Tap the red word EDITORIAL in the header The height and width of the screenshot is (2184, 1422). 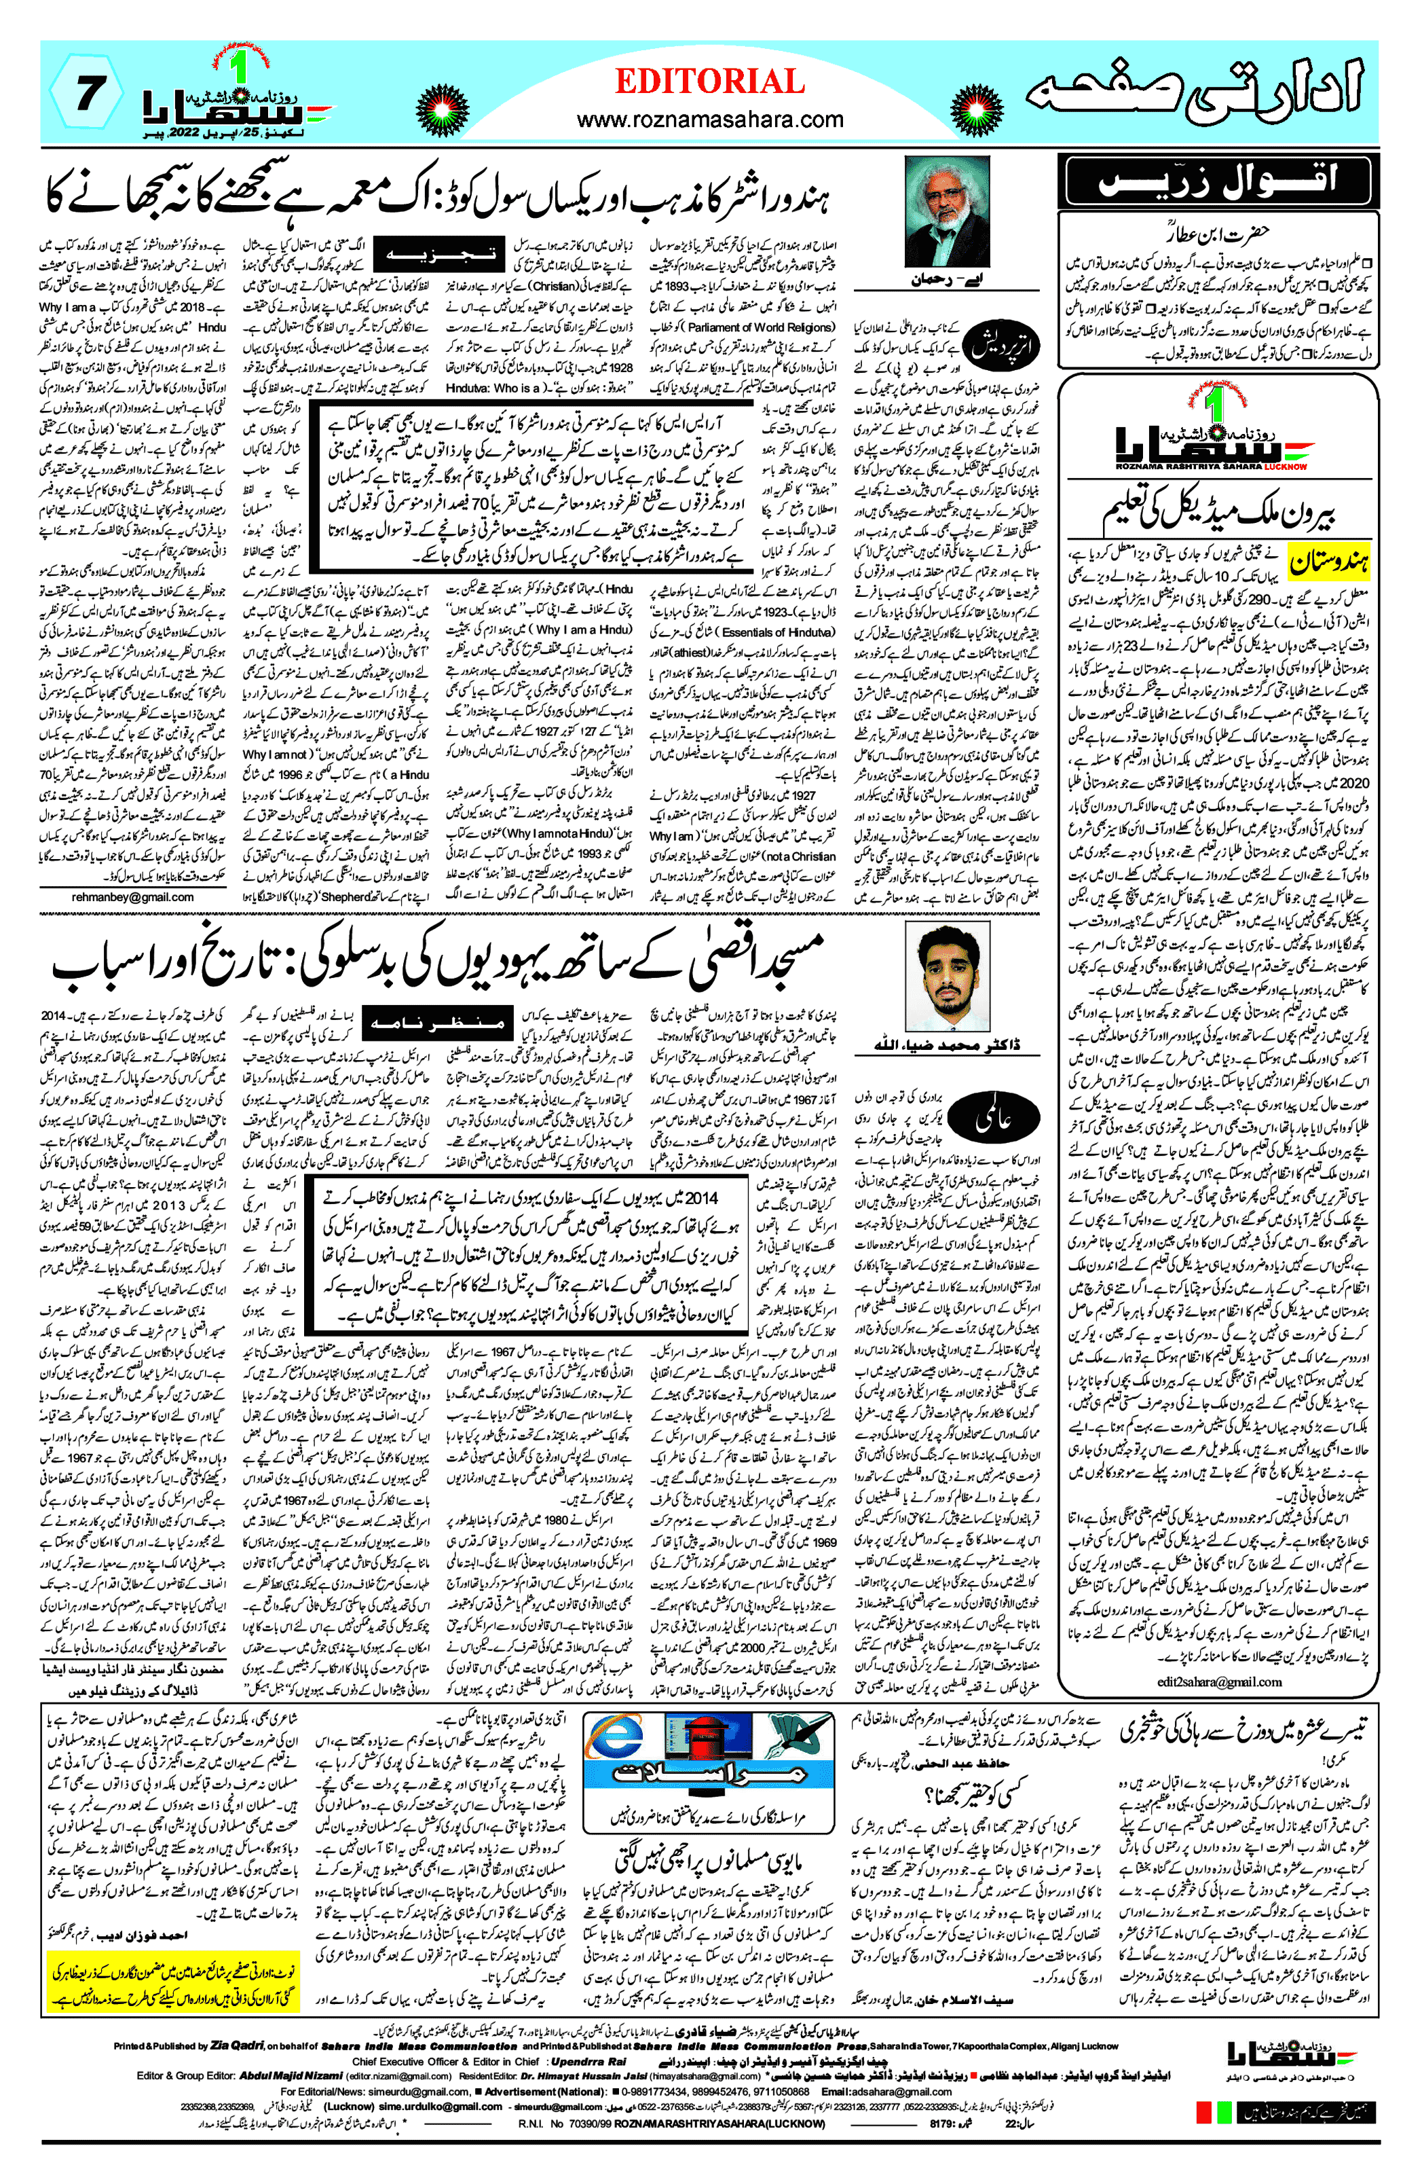click(709, 81)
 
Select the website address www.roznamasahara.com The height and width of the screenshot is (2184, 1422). click(709, 120)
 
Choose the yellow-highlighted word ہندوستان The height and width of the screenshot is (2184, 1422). click(1329, 562)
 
